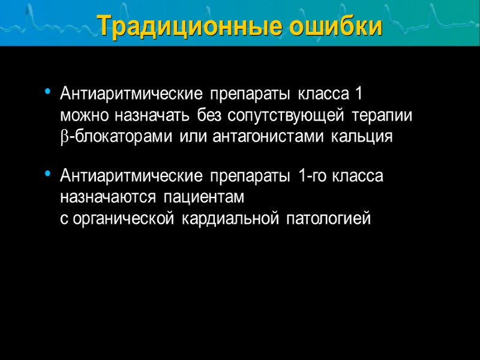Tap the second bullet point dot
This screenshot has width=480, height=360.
(x=47, y=175)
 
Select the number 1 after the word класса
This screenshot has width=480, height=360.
(x=358, y=94)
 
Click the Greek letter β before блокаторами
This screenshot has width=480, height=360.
(x=65, y=137)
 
